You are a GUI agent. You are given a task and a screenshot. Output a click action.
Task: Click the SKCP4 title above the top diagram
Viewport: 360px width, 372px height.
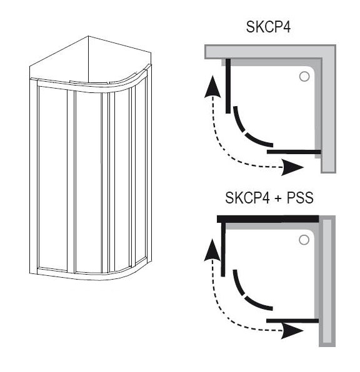coord(268,27)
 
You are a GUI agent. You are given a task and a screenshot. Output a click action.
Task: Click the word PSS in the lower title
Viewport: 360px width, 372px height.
coord(300,198)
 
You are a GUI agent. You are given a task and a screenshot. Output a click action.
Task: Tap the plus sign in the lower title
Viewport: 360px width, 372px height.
coord(277,198)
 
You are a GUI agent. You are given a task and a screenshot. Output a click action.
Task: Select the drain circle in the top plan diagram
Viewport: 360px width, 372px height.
coord(304,77)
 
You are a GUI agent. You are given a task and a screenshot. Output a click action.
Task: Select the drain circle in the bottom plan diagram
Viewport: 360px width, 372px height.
coord(304,240)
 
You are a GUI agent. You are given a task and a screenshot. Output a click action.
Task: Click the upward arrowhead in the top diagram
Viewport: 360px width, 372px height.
coord(212,86)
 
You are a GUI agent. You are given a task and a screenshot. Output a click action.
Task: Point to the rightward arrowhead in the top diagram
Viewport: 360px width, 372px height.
coord(292,167)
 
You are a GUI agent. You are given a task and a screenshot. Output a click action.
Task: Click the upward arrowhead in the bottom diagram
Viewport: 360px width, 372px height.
coord(212,250)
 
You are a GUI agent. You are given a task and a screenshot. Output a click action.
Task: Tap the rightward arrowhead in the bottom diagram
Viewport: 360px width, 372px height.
coord(292,330)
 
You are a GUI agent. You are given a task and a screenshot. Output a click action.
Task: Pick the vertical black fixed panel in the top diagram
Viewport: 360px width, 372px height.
coord(228,86)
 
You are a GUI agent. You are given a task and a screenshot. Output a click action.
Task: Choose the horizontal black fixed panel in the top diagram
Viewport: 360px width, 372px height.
coord(294,152)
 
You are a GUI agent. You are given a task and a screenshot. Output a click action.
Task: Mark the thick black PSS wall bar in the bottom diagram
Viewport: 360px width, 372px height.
coord(267,218)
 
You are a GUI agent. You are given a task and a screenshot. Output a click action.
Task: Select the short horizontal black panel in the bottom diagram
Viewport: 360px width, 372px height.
coord(292,321)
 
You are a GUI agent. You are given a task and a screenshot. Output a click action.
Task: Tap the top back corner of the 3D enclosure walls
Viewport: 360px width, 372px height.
coord(88,36)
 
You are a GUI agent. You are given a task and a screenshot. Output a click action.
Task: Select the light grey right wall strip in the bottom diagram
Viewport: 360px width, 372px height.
coord(327,281)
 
